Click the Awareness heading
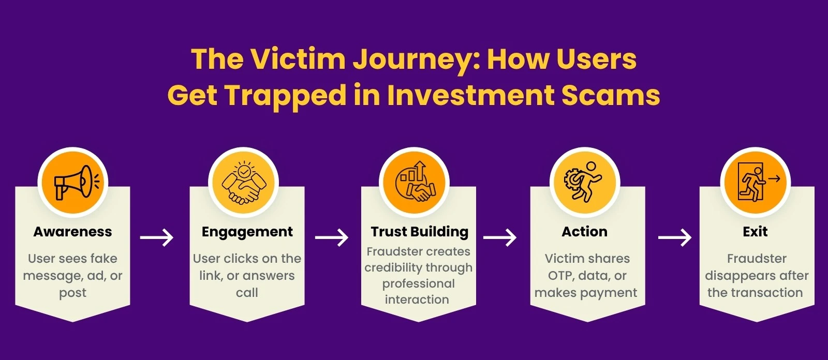click(72, 232)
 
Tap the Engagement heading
click(247, 232)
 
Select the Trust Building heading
click(419, 232)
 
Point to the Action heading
click(584, 232)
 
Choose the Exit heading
click(755, 232)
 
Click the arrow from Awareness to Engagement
click(157, 238)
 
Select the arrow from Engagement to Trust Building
click(332, 238)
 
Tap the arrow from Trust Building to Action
click(500, 238)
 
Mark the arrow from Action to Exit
click(675, 238)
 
